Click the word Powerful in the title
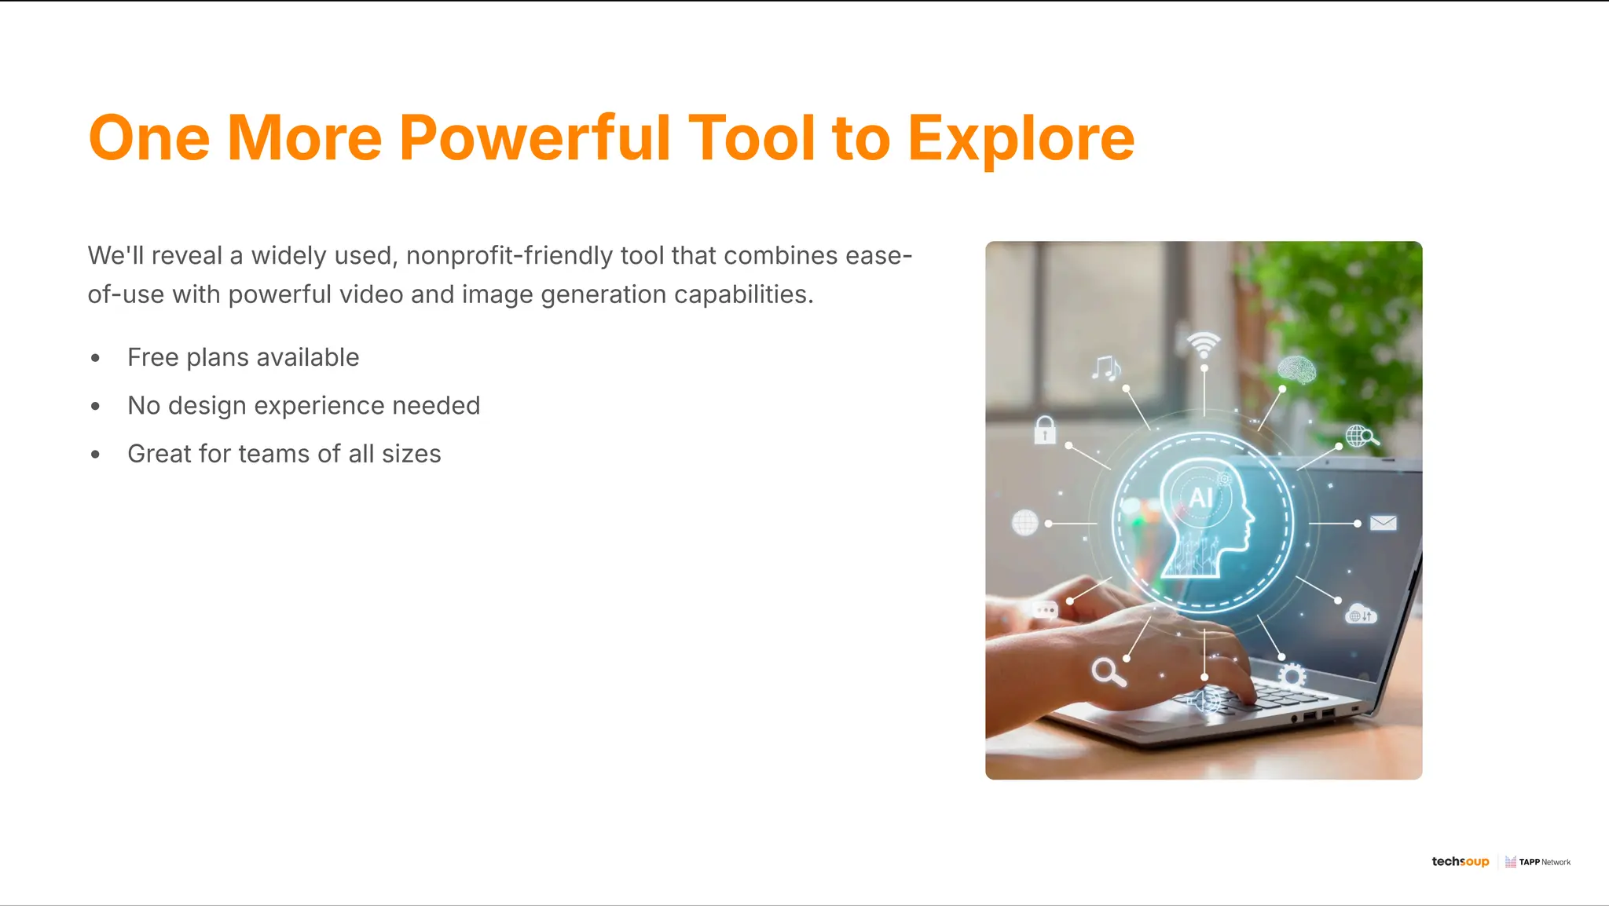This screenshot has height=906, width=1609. click(x=534, y=139)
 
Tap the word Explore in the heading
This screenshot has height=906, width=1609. click(x=1021, y=139)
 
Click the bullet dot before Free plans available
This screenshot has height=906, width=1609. click(x=95, y=358)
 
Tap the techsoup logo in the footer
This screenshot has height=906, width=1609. click(x=1460, y=861)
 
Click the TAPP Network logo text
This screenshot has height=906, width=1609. click(x=1544, y=862)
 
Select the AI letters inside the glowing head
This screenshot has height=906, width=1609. click(x=1200, y=497)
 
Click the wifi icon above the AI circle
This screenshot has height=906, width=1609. click(x=1204, y=344)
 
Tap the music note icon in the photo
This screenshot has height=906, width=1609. click(x=1105, y=367)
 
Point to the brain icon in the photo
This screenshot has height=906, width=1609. click(x=1296, y=369)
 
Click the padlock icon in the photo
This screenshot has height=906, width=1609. click(x=1044, y=429)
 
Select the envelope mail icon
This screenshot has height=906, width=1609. click(x=1383, y=523)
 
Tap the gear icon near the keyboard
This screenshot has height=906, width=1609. click(x=1291, y=675)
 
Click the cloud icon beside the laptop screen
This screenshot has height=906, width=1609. click(x=1360, y=614)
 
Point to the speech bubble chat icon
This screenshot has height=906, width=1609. click(x=1045, y=610)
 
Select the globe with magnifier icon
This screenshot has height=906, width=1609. click(x=1361, y=436)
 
